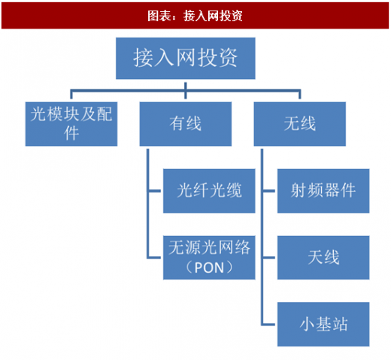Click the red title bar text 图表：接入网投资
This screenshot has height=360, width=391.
point(195,16)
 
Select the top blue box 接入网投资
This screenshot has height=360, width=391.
point(186,59)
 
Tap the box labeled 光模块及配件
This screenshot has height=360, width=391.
point(71,124)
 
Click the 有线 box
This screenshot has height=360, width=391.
point(186,124)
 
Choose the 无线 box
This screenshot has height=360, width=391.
point(300,124)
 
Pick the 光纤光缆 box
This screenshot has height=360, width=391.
point(209,191)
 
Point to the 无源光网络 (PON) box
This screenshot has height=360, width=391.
point(209,258)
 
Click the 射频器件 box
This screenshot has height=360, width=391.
point(323,191)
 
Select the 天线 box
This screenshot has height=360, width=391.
point(323,258)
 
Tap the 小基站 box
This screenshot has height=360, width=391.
point(323,324)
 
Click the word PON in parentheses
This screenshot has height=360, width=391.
point(209,268)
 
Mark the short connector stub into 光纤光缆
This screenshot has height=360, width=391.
point(154,191)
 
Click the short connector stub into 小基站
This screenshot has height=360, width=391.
point(268,324)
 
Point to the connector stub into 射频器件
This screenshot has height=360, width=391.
point(268,191)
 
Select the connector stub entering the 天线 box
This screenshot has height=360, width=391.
point(268,258)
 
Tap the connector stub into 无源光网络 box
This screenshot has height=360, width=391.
point(154,258)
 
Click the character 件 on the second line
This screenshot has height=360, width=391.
point(71,133)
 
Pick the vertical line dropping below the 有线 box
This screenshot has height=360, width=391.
point(148,204)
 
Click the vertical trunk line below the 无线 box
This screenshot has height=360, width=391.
point(262,237)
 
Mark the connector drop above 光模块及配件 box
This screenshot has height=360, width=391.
point(71,94)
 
